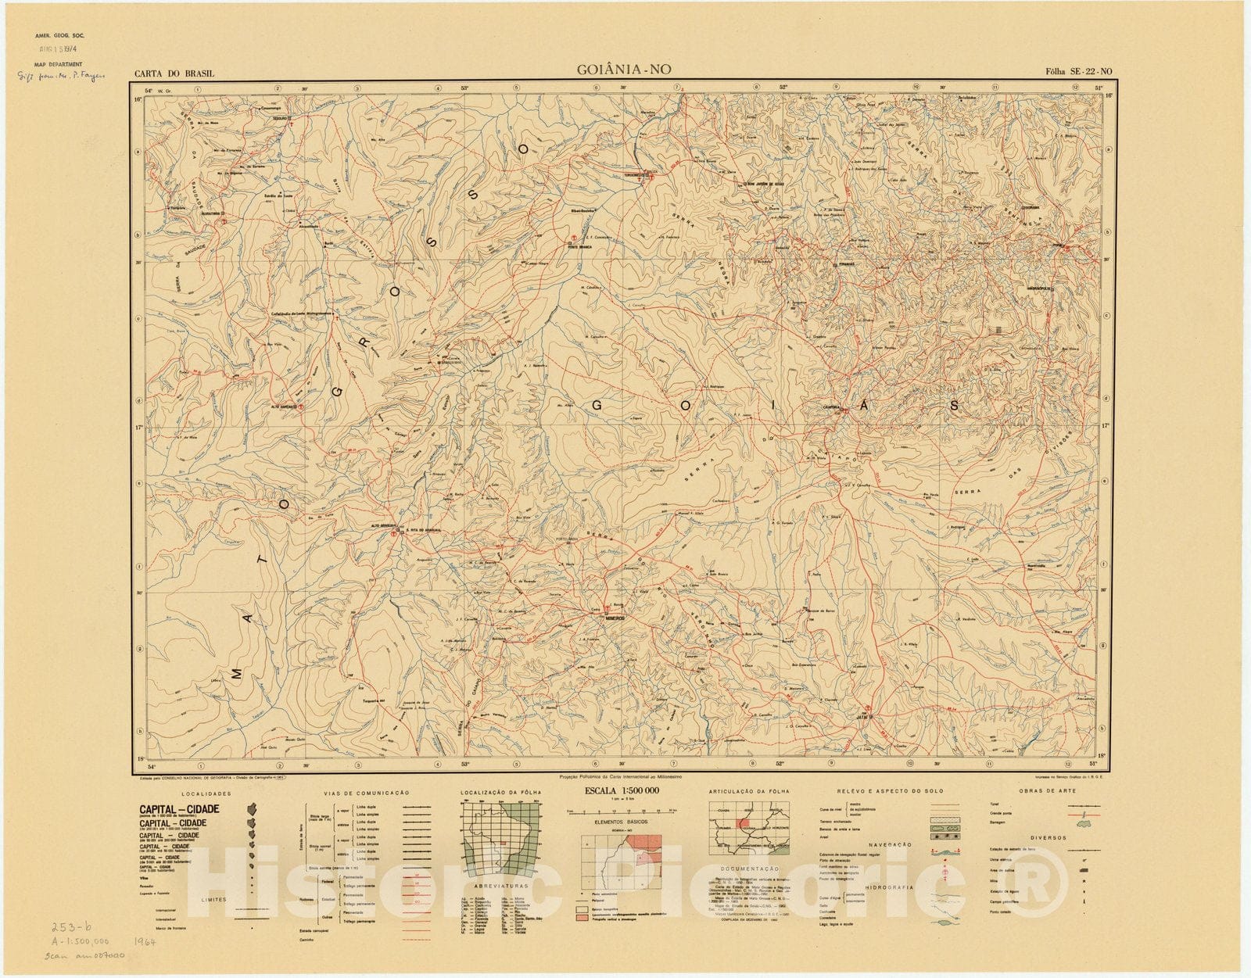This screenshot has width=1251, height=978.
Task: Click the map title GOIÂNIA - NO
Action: tap(623, 70)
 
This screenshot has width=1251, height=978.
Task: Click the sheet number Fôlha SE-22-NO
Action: tap(1078, 72)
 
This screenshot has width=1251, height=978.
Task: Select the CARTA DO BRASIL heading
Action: tap(174, 74)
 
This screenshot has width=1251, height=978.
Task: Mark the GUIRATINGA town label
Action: tap(212, 213)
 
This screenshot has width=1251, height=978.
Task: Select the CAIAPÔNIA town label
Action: tap(830, 407)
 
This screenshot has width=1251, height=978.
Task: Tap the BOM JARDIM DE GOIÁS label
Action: tap(765, 184)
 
